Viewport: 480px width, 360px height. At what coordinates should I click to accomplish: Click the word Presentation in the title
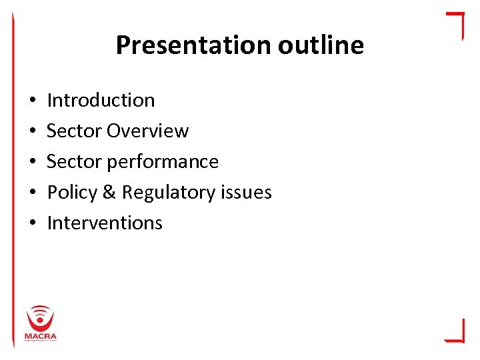[193, 45]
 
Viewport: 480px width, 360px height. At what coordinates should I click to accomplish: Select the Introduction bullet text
[101, 100]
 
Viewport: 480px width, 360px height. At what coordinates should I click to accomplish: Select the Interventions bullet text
[105, 223]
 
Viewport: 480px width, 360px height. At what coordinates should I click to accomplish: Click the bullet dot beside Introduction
[32, 101]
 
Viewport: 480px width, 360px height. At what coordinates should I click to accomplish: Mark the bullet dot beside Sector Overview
[32, 131]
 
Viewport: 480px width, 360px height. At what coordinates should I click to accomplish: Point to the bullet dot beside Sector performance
[32, 162]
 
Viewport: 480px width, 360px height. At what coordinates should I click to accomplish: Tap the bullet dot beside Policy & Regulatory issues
[32, 193]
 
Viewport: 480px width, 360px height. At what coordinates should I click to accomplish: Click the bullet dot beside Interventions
[32, 223]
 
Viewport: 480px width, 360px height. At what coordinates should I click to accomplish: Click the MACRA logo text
[41, 335]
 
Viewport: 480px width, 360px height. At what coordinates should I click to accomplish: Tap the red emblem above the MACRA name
[41, 317]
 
